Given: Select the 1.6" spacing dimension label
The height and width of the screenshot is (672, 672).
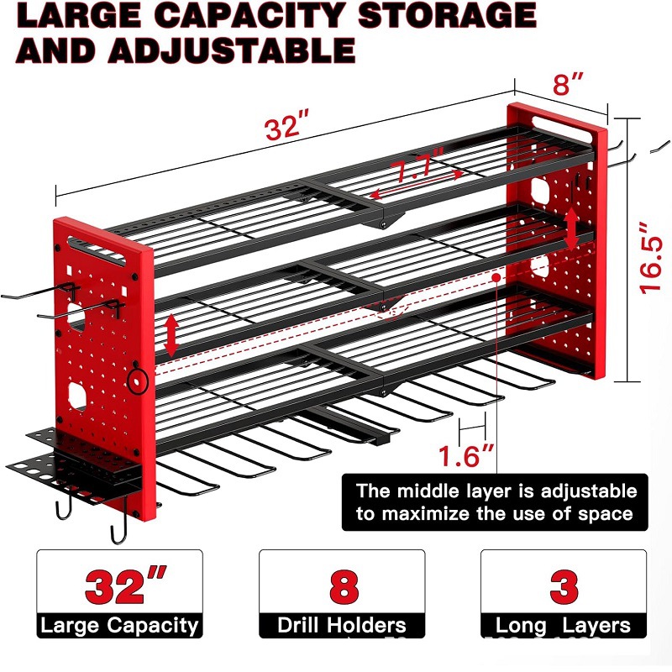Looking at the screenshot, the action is coord(466,455).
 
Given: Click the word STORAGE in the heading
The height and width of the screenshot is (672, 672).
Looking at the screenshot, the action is coord(447,15).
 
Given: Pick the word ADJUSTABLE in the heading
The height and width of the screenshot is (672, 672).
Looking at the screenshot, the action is coord(232,50).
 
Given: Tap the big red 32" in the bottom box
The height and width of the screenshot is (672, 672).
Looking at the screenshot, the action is coord(125,585).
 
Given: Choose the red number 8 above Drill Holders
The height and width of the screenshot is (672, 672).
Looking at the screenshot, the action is coord(344,585).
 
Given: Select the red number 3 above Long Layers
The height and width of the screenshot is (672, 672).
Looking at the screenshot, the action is coord(564,585).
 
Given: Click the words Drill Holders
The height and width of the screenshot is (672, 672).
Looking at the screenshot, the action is coord(342,625).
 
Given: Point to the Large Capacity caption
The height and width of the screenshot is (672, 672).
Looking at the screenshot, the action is coord(119,626).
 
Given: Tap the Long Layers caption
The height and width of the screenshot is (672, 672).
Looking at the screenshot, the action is coord(563,626).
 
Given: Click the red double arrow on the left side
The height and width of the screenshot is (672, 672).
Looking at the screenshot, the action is coord(171,335).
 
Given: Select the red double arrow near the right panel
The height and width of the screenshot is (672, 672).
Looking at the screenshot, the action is coord(572,228).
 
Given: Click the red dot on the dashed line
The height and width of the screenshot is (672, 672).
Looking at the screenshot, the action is coord(496,278).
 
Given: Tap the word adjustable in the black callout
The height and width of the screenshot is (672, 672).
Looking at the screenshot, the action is coord(589,491).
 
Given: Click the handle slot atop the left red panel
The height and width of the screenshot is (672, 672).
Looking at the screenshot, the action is coord(96,250).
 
